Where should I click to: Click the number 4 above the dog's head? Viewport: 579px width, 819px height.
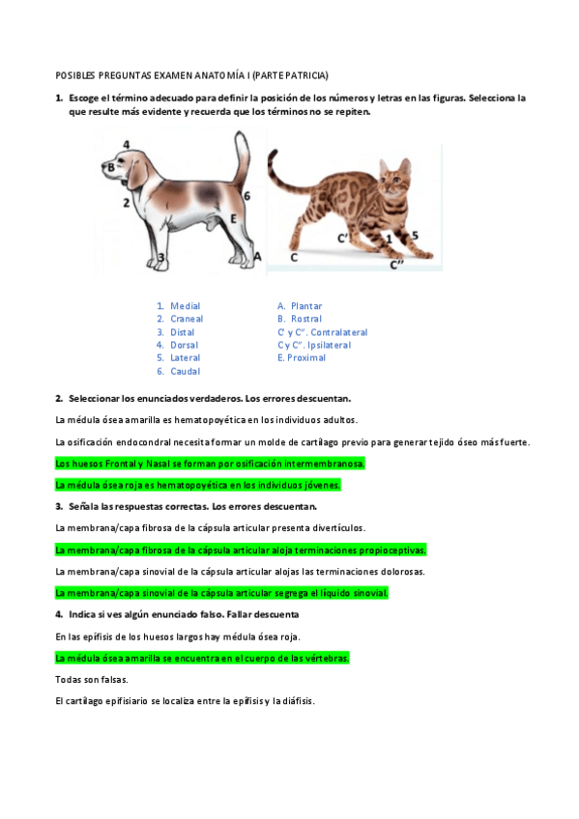[x=127, y=144]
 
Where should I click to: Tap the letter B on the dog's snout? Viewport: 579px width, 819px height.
[x=110, y=167]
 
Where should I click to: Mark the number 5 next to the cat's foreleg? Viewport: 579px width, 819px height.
[x=415, y=235]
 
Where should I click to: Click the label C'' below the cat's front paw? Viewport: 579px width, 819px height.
[x=396, y=263]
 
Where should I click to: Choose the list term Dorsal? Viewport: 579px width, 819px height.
[x=184, y=345]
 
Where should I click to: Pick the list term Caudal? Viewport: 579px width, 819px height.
[x=185, y=371]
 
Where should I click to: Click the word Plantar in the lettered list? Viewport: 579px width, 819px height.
[x=306, y=306]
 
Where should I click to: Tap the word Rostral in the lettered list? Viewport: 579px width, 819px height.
[x=306, y=319]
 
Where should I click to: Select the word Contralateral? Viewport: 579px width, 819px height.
[x=339, y=332]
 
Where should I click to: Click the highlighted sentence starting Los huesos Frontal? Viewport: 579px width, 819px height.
[x=211, y=463]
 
